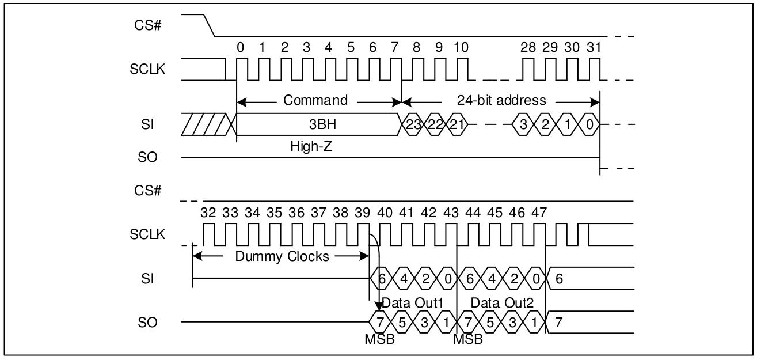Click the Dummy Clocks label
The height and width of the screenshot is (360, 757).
click(x=282, y=256)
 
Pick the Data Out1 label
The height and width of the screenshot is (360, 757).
click(x=410, y=302)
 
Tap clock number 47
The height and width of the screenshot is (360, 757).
click(x=539, y=212)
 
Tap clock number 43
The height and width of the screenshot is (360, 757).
click(x=451, y=212)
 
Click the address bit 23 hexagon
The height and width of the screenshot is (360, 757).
click(x=412, y=124)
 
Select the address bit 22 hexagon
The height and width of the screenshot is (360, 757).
click(x=435, y=124)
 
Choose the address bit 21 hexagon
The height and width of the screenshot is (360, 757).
click(x=457, y=124)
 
